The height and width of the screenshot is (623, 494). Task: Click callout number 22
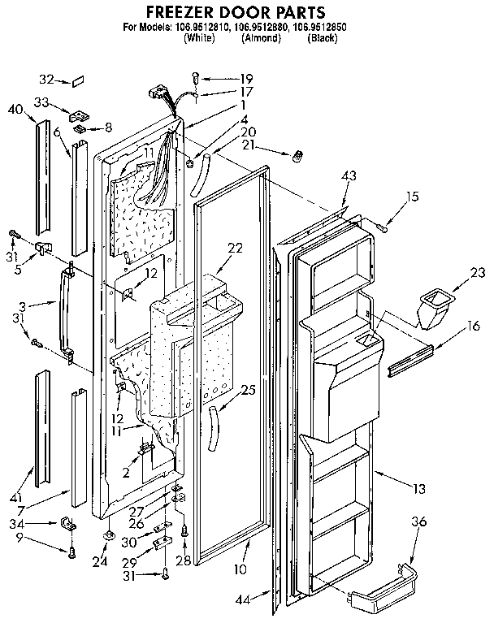click(x=236, y=249)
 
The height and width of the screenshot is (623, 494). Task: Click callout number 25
click(x=249, y=391)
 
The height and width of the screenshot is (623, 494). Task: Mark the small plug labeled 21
click(x=297, y=154)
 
